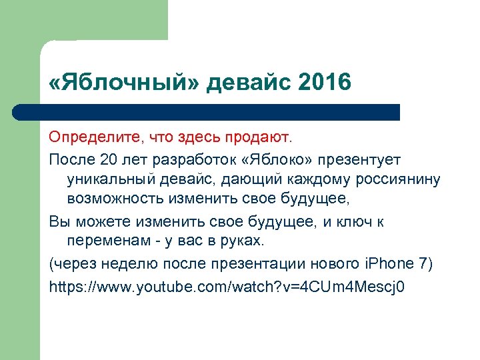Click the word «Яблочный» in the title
pyautogui.click(x=123, y=83)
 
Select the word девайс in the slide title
pyautogui.click(x=246, y=83)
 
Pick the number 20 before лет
pyautogui.click(x=107, y=161)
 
